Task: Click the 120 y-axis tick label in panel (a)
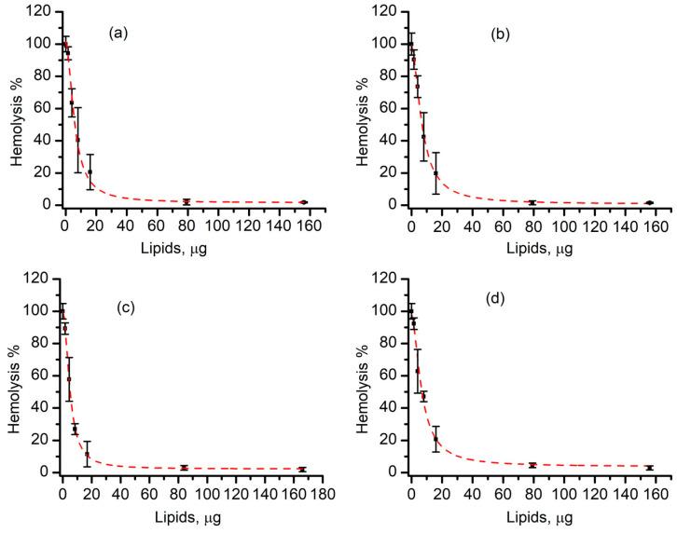coord(41,11)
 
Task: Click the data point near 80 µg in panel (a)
coord(187,201)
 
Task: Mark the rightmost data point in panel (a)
coord(303,202)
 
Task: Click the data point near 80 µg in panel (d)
coord(532,465)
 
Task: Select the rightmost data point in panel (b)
coord(649,202)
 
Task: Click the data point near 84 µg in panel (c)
coord(184,468)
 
